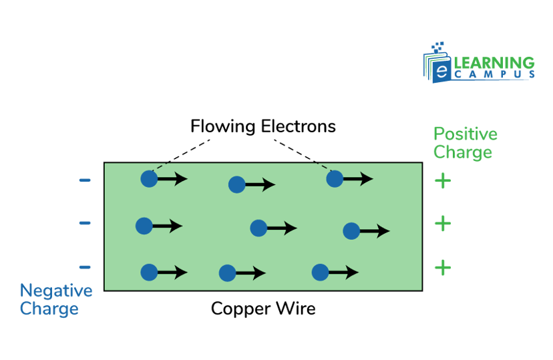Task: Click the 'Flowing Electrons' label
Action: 262,126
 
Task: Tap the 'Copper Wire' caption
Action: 263,309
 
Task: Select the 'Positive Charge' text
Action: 465,143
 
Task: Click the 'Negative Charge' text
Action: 55,300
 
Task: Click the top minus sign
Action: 85,180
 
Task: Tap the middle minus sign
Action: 85,222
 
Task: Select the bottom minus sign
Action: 85,267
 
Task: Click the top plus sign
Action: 442,181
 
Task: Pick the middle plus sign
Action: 442,222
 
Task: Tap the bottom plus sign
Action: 442,268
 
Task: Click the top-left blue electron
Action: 149,178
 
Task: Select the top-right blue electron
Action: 335,178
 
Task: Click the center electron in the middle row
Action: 258,228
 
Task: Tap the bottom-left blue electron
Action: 149,272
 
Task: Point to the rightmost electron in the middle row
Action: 351,231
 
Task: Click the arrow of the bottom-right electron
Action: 343,272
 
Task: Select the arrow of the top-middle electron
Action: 260,184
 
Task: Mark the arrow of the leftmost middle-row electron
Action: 167,226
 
